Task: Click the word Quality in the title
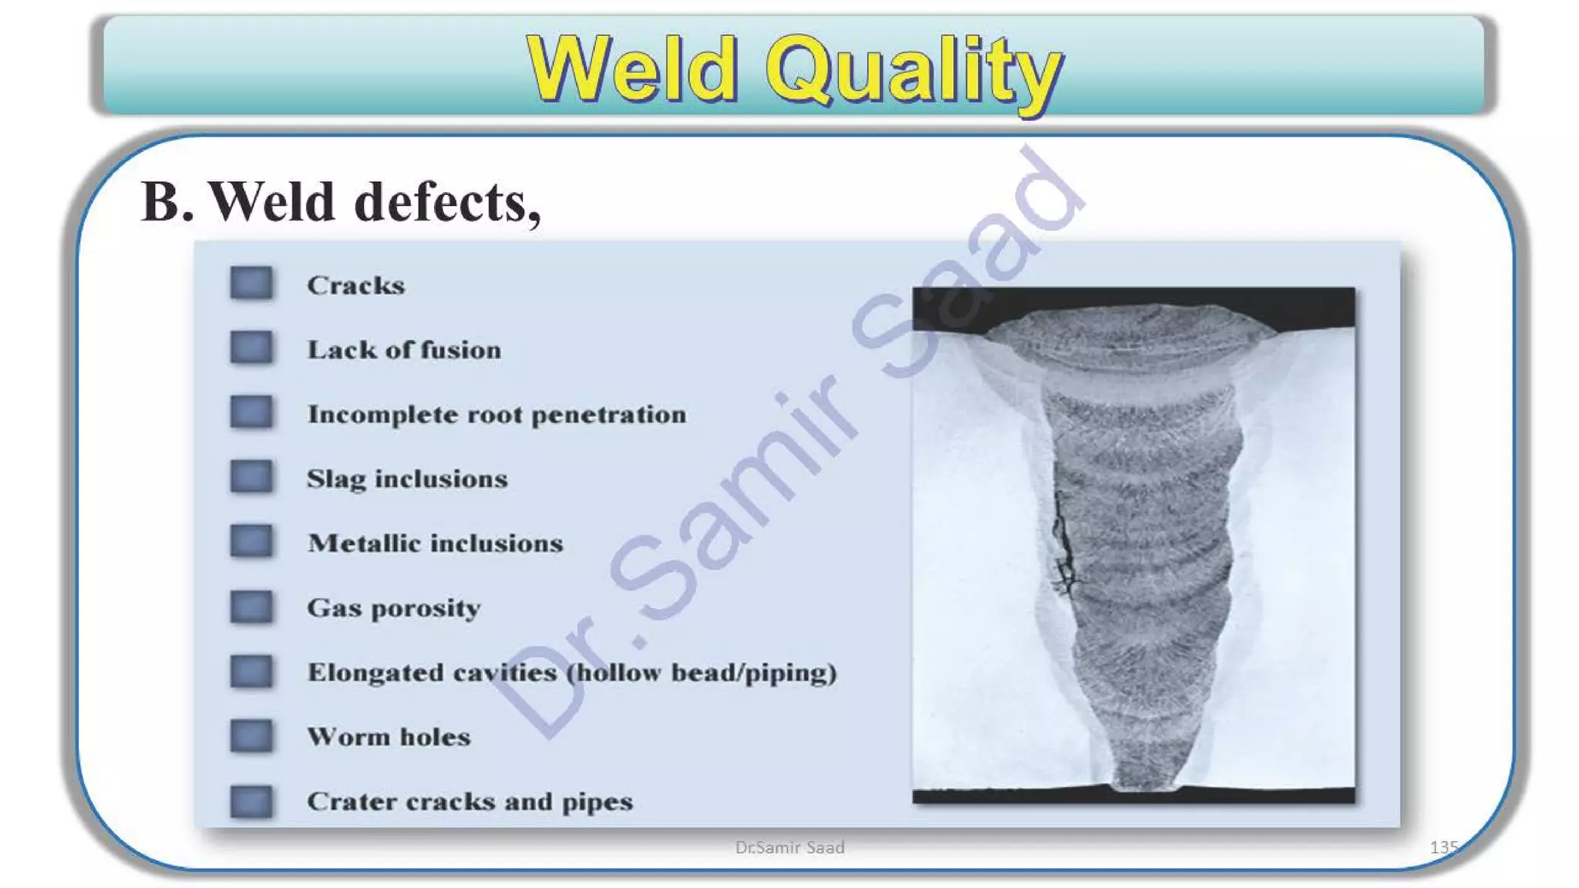click(914, 71)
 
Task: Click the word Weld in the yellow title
click(632, 69)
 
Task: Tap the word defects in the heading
click(446, 202)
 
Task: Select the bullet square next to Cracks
click(251, 283)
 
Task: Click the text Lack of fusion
click(404, 350)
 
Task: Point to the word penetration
click(608, 415)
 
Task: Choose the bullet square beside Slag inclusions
click(251, 476)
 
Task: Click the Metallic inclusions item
click(435, 543)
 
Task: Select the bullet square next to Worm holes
click(251, 735)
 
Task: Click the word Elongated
click(375, 672)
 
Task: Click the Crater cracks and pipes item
click(470, 802)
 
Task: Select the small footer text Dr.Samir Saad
click(789, 847)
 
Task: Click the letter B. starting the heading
click(166, 202)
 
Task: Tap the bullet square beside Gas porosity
click(251, 607)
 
